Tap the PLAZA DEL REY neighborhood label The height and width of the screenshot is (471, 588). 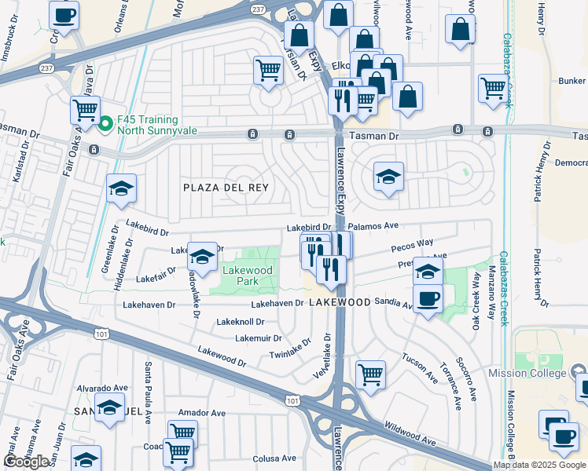pyautogui.click(x=226, y=188)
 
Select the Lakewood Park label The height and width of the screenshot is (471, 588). pyautogui.click(x=247, y=275)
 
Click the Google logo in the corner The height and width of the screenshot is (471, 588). pyautogui.click(x=26, y=462)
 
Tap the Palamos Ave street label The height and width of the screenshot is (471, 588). pyautogui.click(x=373, y=225)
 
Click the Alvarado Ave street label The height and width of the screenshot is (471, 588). pyautogui.click(x=101, y=388)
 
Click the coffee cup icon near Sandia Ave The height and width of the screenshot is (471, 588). pyautogui.click(x=428, y=299)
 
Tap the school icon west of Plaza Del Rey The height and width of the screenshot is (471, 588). pyautogui.click(x=122, y=188)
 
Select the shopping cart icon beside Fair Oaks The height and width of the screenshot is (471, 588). pyautogui.click(x=85, y=109)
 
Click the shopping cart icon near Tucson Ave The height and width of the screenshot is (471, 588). pyautogui.click(x=370, y=374)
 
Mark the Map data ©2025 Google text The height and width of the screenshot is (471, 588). pyautogui.click(x=538, y=465)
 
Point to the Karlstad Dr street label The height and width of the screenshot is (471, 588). pyautogui.click(x=17, y=164)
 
